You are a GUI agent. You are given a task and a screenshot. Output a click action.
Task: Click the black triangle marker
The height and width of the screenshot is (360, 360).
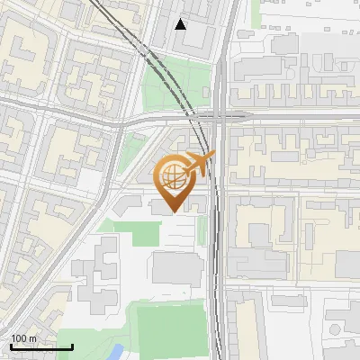point(182,24)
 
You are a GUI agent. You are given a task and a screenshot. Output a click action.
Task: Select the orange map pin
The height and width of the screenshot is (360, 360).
point(175,180)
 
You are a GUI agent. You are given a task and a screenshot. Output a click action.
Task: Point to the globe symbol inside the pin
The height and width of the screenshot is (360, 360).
point(174,175)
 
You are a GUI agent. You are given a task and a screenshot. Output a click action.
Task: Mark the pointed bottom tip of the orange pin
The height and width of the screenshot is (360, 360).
point(175,211)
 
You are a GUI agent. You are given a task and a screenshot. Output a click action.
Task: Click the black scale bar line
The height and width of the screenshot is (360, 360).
point(41,346)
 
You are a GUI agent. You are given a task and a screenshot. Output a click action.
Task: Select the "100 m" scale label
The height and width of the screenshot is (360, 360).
point(23,338)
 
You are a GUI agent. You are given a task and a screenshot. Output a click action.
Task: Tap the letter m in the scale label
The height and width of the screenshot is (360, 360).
point(32,338)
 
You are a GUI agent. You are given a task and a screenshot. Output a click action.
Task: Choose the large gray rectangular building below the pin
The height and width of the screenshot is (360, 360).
point(178,269)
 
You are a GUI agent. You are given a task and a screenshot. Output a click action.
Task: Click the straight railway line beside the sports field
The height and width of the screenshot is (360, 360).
point(214,306)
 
